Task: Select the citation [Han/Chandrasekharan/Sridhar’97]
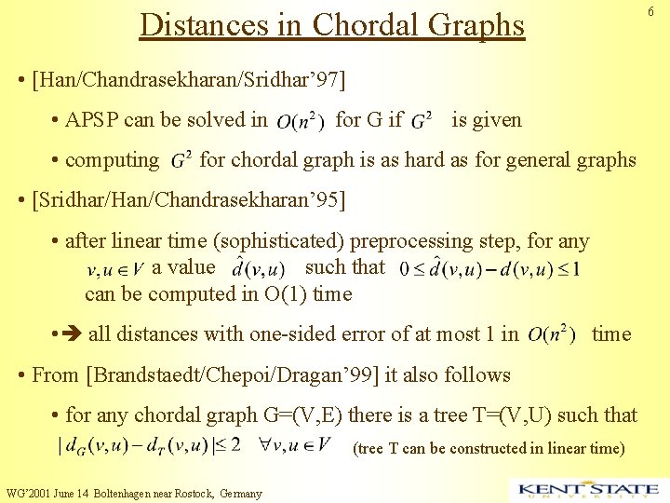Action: tap(188, 79)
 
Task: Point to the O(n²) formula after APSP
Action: tap(300, 120)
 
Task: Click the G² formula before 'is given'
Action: tap(421, 120)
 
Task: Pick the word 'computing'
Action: tap(112, 159)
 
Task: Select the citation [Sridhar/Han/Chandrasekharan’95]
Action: tap(188, 199)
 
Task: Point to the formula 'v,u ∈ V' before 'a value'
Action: tap(114, 271)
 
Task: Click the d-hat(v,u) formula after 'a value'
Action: tap(258, 269)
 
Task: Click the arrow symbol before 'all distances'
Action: tap(74, 333)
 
